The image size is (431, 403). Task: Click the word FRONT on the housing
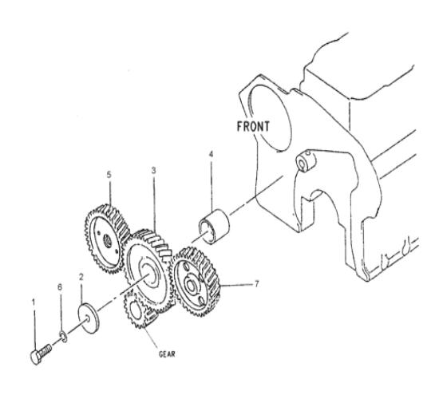pyautogui.click(x=253, y=126)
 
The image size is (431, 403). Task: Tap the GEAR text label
pyautogui.click(x=167, y=354)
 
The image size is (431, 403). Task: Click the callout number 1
pyautogui.click(x=34, y=302)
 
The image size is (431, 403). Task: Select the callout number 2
pyautogui.click(x=81, y=277)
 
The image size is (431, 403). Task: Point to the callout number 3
pyautogui.click(x=154, y=171)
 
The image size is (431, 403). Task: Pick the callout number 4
pyautogui.click(x=211, y=154)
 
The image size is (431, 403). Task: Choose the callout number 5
pyautogui.click(x=109, y=175)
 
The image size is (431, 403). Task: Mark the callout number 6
pyautogui.click(x=60, y=287)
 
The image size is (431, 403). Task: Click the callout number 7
pyautogui.click(x=257, y=283)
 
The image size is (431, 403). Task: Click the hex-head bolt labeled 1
pyautogui.click(x=41, y=354)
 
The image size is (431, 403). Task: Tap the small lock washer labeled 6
pyautogui.click(x=63, y=338)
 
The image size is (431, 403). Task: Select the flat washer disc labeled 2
pyautogui.click(x=89, y=318)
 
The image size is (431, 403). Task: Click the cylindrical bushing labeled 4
pyautogui.click(x=214, y=227)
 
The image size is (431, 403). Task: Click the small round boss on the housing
pyautogui.click(x=306, y=161)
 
